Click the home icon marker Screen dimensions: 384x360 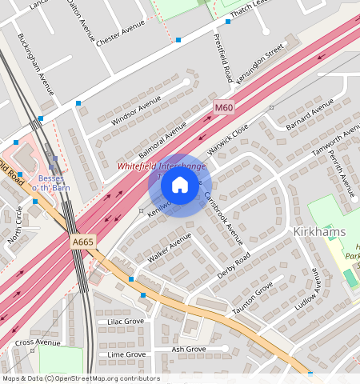tap(180, 186)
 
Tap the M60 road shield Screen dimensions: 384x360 tap(224, 106)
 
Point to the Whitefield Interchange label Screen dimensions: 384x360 tap(161, 166)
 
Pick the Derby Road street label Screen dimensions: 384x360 tap(234, 266)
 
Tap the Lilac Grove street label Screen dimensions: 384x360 tap(126, 322)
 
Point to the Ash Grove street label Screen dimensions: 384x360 tap(189, 349)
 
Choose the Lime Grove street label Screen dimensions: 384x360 tap(126, 354)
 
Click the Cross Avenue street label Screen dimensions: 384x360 tap(38, 342)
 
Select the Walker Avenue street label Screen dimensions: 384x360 tap(170, 249)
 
